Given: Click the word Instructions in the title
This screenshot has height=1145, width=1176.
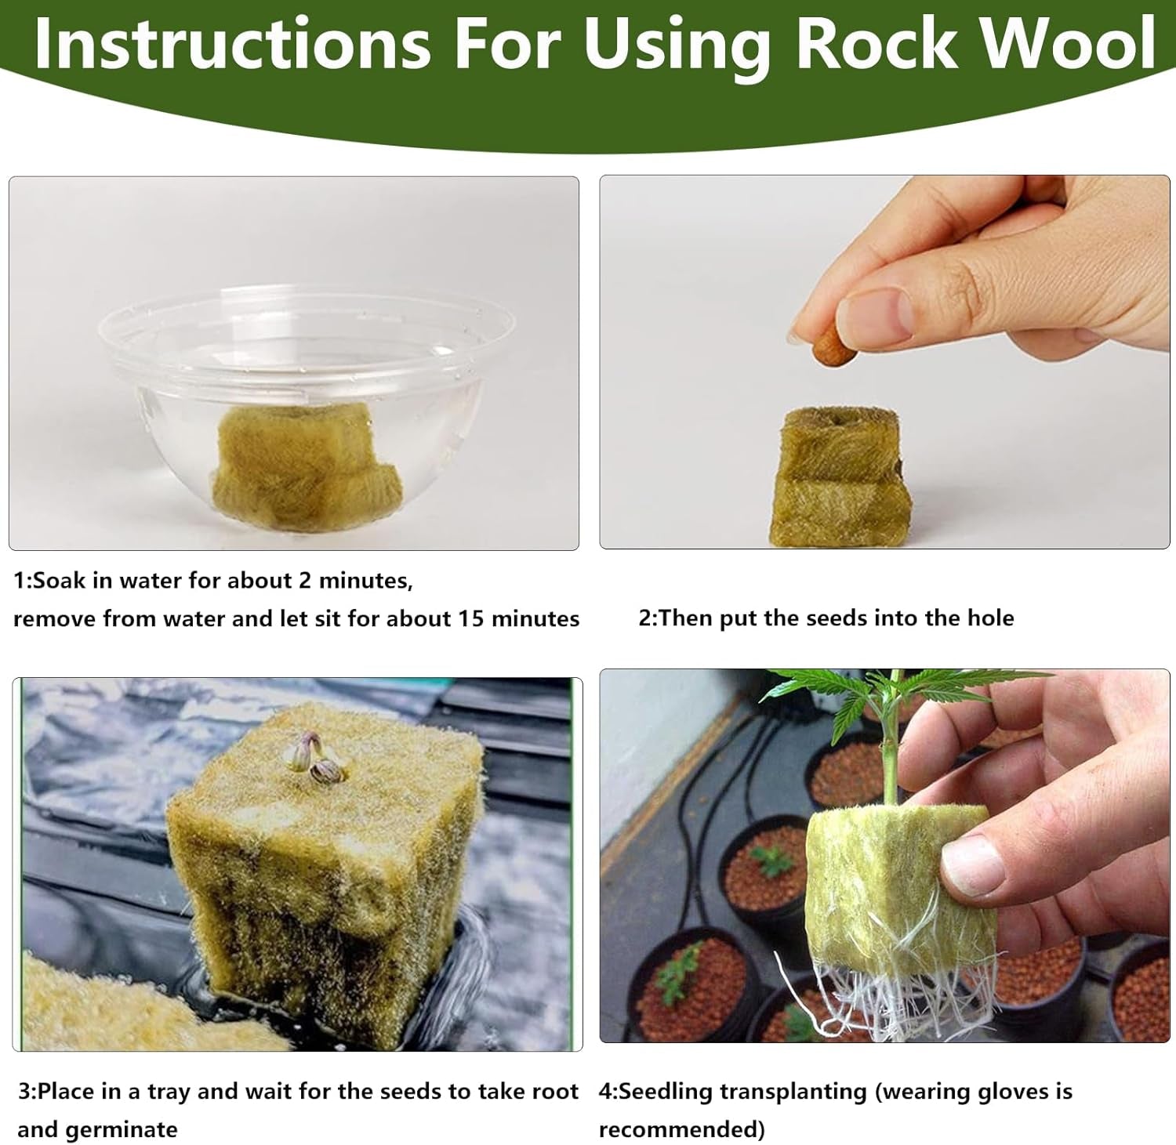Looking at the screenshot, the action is click(x=232, y=42).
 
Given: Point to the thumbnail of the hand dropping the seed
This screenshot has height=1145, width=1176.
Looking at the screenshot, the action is click(x=884, y=362).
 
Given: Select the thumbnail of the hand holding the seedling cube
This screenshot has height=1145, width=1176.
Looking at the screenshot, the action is click(x=884, y=856).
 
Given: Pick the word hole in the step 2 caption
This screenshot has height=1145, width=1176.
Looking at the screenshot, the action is click(x=990, y=618).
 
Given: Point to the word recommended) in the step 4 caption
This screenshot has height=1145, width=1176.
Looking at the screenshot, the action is click(x=681, y=1129).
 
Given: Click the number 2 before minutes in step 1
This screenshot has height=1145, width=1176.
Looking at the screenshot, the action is click(x=305, y=581).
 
